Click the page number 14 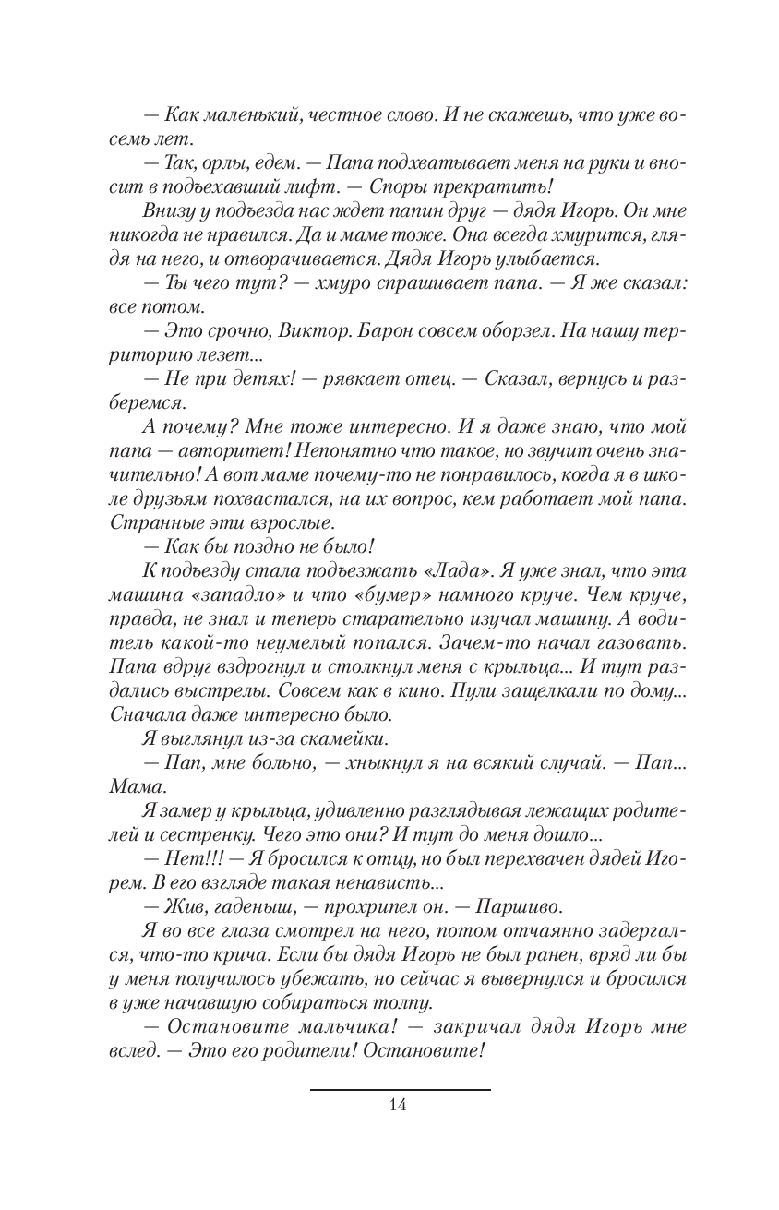point(399,1105)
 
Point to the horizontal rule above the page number point(399,1089)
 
